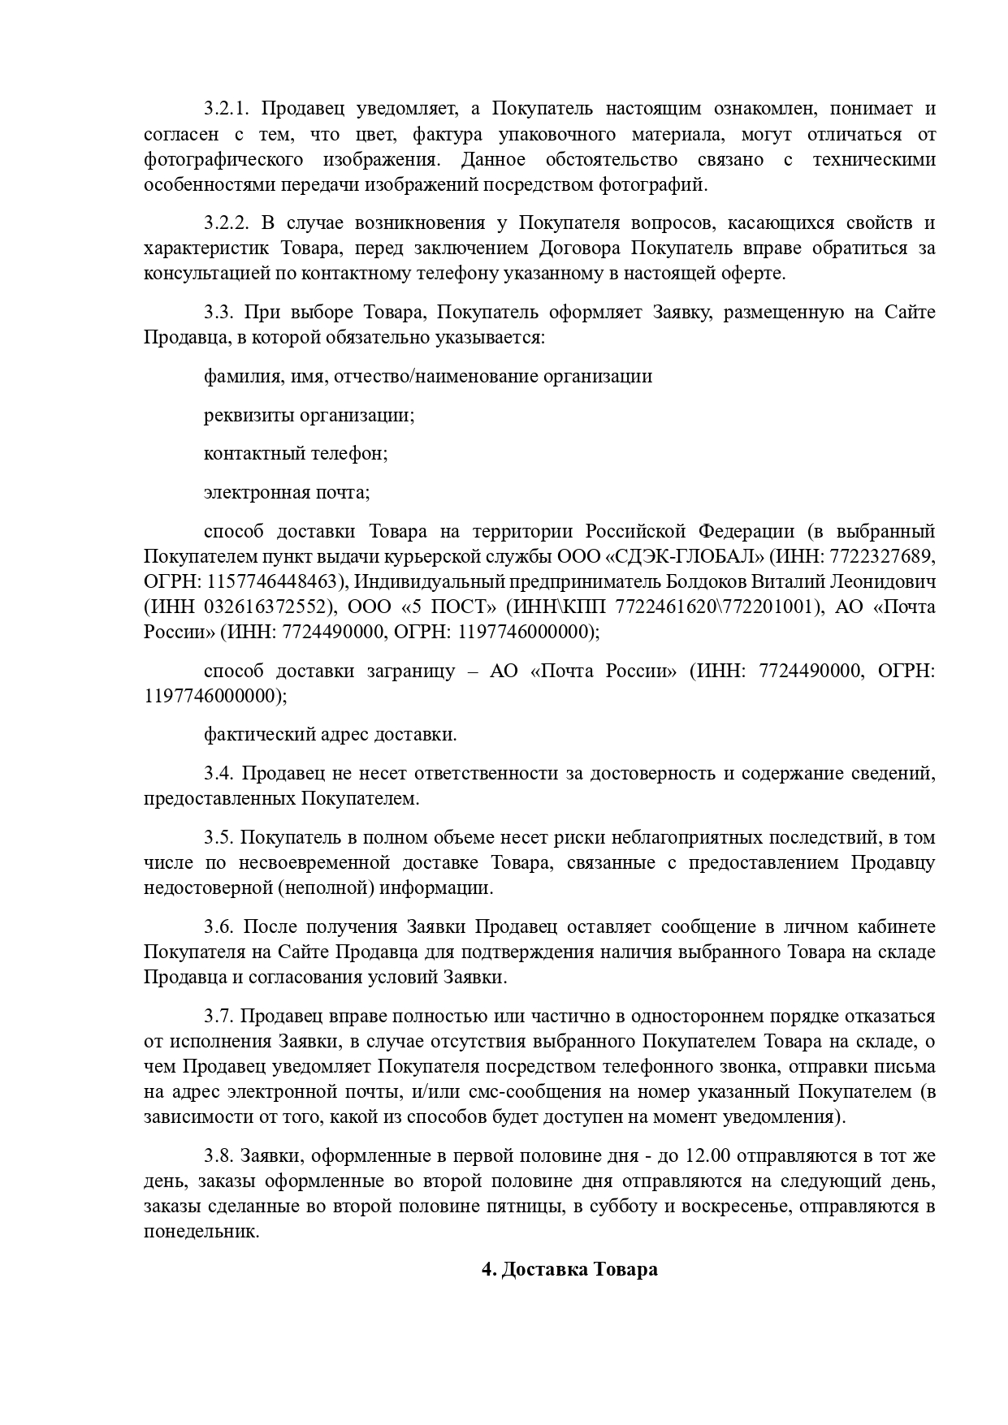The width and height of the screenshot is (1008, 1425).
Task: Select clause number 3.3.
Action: click(x=218, y=312)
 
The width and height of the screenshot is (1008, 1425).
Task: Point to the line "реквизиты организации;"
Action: click(x=309, y=415)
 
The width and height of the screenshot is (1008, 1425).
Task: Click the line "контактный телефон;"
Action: click(x=296, y=453)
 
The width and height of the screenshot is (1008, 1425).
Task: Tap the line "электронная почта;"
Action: click(x=287, y=492)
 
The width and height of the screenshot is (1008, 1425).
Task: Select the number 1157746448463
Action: click(x=272, y=581)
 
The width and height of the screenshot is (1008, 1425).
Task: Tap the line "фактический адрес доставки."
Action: click(x=330, y=734)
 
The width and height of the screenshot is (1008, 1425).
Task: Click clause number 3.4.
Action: click(x=218, y=773)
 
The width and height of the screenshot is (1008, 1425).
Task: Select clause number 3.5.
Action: click(x=218, y=837)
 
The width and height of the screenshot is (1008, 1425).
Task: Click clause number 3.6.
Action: click(x=218, y=926)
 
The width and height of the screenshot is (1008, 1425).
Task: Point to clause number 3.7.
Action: click(x=218, y=1016)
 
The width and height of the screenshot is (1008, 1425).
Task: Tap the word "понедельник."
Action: click(x=201, y=1231)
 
